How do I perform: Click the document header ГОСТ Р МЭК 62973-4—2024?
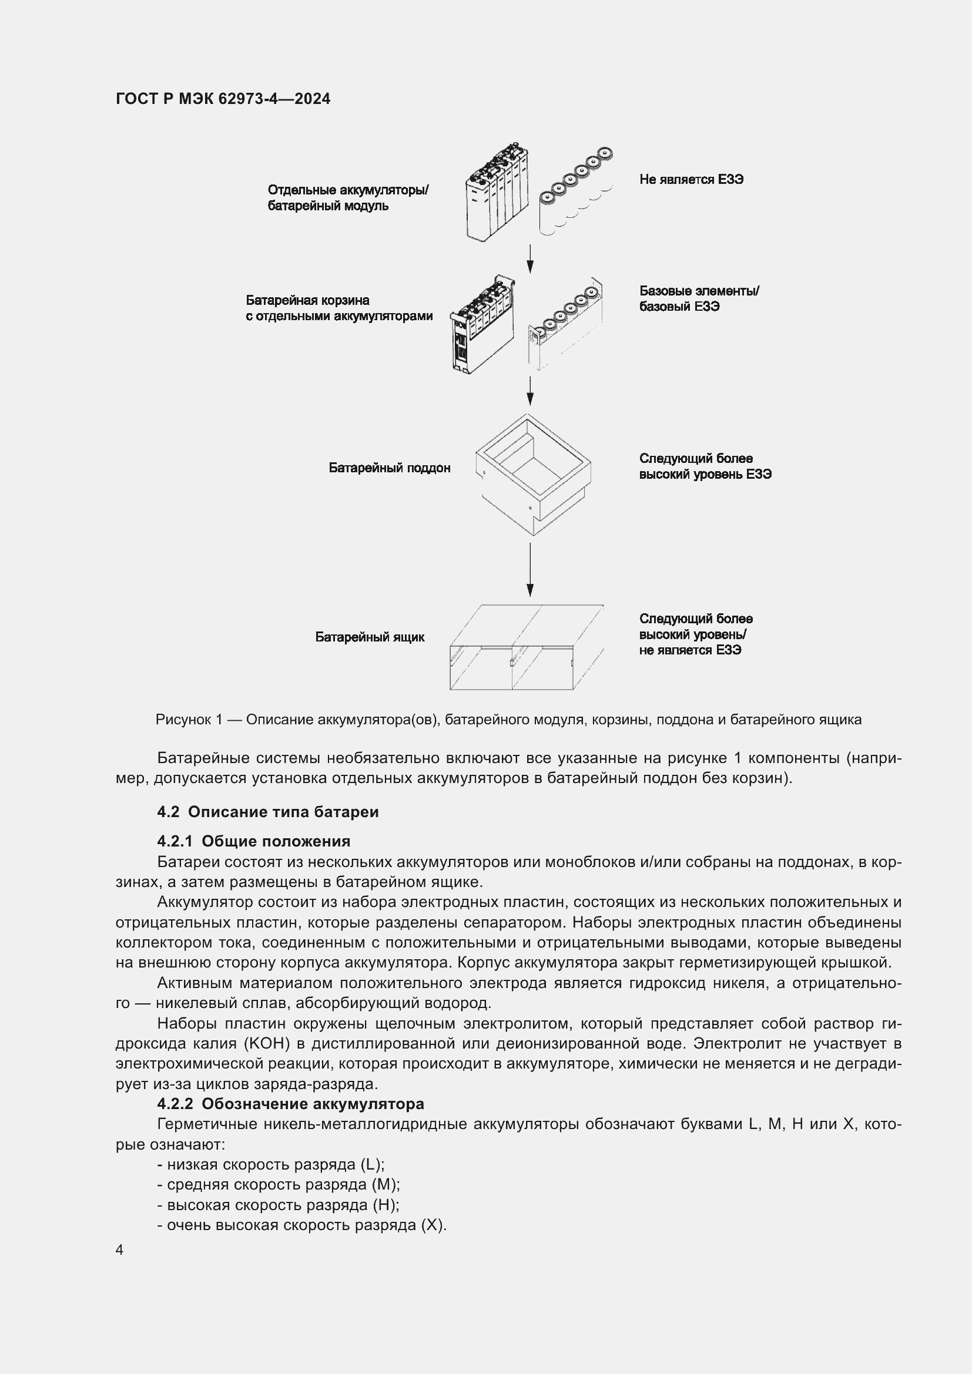coord(223,99)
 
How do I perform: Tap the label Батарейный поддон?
coord(389,468)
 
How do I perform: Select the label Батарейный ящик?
coord(369,637)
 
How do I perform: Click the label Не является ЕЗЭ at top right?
coord(691,180)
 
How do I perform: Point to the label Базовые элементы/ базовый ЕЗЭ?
coord(699,298)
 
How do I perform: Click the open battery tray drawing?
coord(532,473)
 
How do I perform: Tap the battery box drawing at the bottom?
coord(526,647)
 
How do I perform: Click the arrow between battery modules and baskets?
coord(529,258)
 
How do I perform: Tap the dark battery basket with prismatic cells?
coord(482,326)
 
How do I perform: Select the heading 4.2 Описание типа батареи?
coord(267,812)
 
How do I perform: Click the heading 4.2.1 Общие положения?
coord(253,841)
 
